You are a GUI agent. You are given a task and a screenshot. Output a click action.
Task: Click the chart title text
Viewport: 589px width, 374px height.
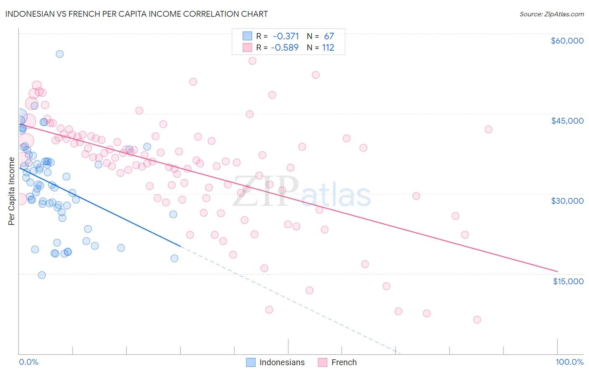[137, 14]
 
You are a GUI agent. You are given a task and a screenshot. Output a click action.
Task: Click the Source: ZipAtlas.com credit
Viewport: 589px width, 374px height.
[551, 14]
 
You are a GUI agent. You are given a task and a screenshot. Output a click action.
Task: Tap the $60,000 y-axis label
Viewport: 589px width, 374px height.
[567, 41]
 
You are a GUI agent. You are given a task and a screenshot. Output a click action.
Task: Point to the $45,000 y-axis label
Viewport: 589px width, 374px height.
[567, 121]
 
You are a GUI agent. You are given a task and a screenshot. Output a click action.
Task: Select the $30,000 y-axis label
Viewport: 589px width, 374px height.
[567, 201]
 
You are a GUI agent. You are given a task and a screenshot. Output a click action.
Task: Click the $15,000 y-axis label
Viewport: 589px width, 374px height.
[568, 281]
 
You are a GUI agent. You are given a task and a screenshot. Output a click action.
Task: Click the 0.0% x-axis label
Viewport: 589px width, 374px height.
[28, 362]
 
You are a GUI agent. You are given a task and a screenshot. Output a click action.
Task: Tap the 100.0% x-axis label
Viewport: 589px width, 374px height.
[569, 362]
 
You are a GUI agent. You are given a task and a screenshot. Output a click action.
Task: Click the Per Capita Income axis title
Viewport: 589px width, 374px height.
[11, 191]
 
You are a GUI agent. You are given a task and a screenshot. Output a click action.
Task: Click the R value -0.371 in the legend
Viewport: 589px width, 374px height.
[286, 36]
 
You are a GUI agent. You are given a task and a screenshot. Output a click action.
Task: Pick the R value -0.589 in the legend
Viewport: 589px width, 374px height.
[285, 48]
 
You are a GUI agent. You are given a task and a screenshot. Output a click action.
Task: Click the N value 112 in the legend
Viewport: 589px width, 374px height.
[328, 48]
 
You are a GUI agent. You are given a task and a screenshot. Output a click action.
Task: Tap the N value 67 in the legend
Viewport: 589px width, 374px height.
[329, 36]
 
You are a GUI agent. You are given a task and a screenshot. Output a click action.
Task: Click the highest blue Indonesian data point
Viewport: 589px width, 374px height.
[59, 54]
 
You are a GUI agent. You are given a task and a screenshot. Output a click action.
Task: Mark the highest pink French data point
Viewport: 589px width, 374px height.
[252, 61]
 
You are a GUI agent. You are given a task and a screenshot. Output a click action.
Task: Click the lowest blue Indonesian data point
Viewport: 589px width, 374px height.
[42, 275]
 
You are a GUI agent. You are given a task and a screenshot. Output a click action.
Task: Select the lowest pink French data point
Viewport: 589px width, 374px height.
[477, 319]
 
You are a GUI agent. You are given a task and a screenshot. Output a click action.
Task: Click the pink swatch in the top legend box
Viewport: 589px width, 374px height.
[247, 48]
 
